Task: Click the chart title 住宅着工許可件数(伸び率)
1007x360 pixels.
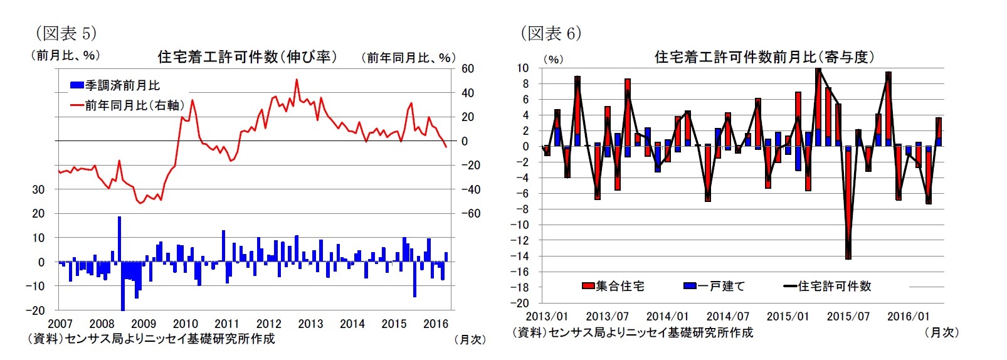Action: pos(247,57)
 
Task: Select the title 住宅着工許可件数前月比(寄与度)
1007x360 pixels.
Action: pos(764,57)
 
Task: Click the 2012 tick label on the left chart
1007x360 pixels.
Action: pos(268,324)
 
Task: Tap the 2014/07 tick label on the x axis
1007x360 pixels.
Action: pos(727,317)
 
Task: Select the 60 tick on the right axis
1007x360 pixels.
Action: pos(468,68)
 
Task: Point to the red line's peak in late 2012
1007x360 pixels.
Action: pos(297,80)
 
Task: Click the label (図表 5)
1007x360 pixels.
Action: pos(66,33)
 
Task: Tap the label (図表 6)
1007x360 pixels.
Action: pos(551,33)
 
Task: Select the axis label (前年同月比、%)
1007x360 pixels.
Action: pos(408,58)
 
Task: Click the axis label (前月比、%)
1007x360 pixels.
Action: pos(66,55)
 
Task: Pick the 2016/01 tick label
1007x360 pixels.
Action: pos(908,317)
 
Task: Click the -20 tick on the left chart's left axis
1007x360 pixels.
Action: pos(35,310)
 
